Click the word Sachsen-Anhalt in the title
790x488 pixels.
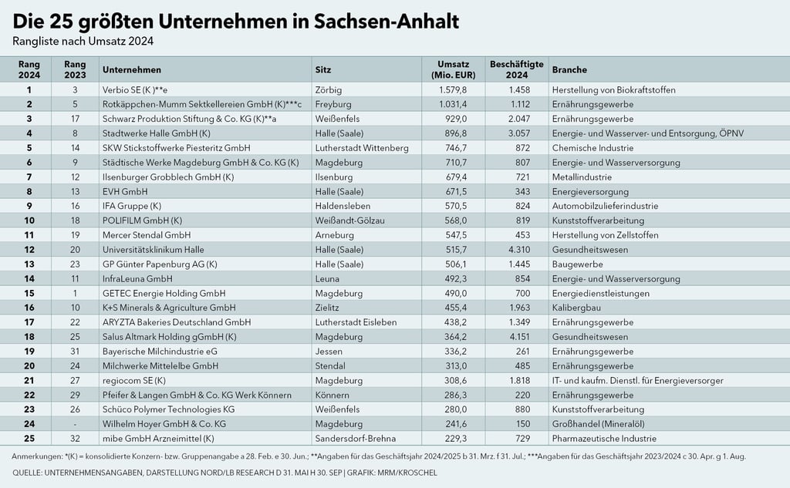point(386,21)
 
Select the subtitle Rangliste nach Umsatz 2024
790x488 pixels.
point(88,41)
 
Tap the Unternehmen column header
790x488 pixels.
point(131,69)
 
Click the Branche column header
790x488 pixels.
point(570,69)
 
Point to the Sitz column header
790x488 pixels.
point(323,69)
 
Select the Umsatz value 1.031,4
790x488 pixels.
point(452,104)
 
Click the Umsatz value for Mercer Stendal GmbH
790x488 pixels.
point(452,235)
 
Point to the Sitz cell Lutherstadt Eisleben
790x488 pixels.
point(356,322)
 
